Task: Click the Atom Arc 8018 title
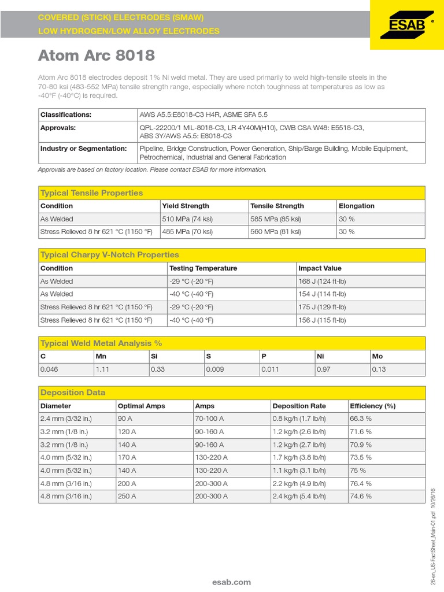pos(97,56)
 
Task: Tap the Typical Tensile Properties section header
pos(91,193)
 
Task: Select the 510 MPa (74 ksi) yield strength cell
pos(187,219)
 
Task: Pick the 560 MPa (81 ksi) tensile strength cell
pos(276,232)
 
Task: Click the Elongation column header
pos(357,206)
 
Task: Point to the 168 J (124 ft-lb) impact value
pos(322,282)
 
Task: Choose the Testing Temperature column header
pos(203,268)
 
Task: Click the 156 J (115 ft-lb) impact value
pos(322,320)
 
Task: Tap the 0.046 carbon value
pos(49,369)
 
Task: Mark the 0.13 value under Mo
pos(379,369)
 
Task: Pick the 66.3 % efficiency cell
pos(361,418)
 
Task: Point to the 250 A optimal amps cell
pos(127,496)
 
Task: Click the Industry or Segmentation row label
pos(83,149)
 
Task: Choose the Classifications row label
pos(66,114)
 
